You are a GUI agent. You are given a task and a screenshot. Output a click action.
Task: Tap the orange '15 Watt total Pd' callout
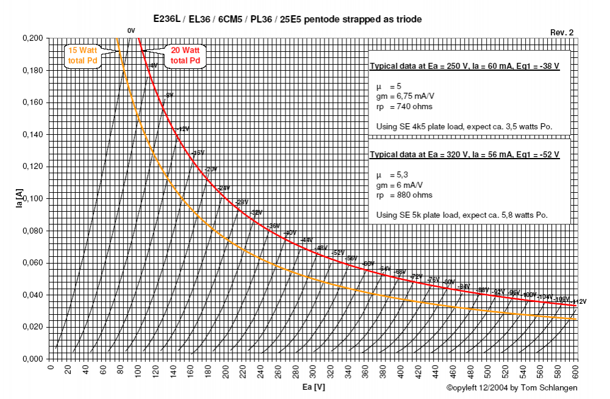tap(84, 56)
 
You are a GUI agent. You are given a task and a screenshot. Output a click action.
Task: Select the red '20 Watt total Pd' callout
tap(185, 56)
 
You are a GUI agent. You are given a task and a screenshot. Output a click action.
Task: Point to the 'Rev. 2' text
tap(561, 32)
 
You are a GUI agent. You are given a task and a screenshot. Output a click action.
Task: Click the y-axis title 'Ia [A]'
tap(20, 199)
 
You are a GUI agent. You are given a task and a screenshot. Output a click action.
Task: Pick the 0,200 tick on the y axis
tap(32, 38)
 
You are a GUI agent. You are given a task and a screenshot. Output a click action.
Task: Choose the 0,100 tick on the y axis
tap(32, 199)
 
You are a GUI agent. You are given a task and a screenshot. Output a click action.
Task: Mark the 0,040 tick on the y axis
tap(32, 295)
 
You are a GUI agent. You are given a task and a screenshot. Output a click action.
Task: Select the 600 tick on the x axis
tap(576, 369)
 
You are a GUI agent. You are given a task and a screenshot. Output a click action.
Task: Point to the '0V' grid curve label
tap(131, 31)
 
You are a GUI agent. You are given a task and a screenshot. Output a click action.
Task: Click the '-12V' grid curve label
tap(183, 129)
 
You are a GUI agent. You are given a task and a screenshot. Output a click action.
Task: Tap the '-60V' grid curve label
tap(368, 264)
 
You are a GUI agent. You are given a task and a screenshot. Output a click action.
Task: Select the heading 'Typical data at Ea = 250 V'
tap(464, 66)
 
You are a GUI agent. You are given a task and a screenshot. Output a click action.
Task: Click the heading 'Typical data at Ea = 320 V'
tap(464, 155)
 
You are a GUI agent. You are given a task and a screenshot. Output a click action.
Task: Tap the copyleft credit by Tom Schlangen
tap(511, 388)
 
